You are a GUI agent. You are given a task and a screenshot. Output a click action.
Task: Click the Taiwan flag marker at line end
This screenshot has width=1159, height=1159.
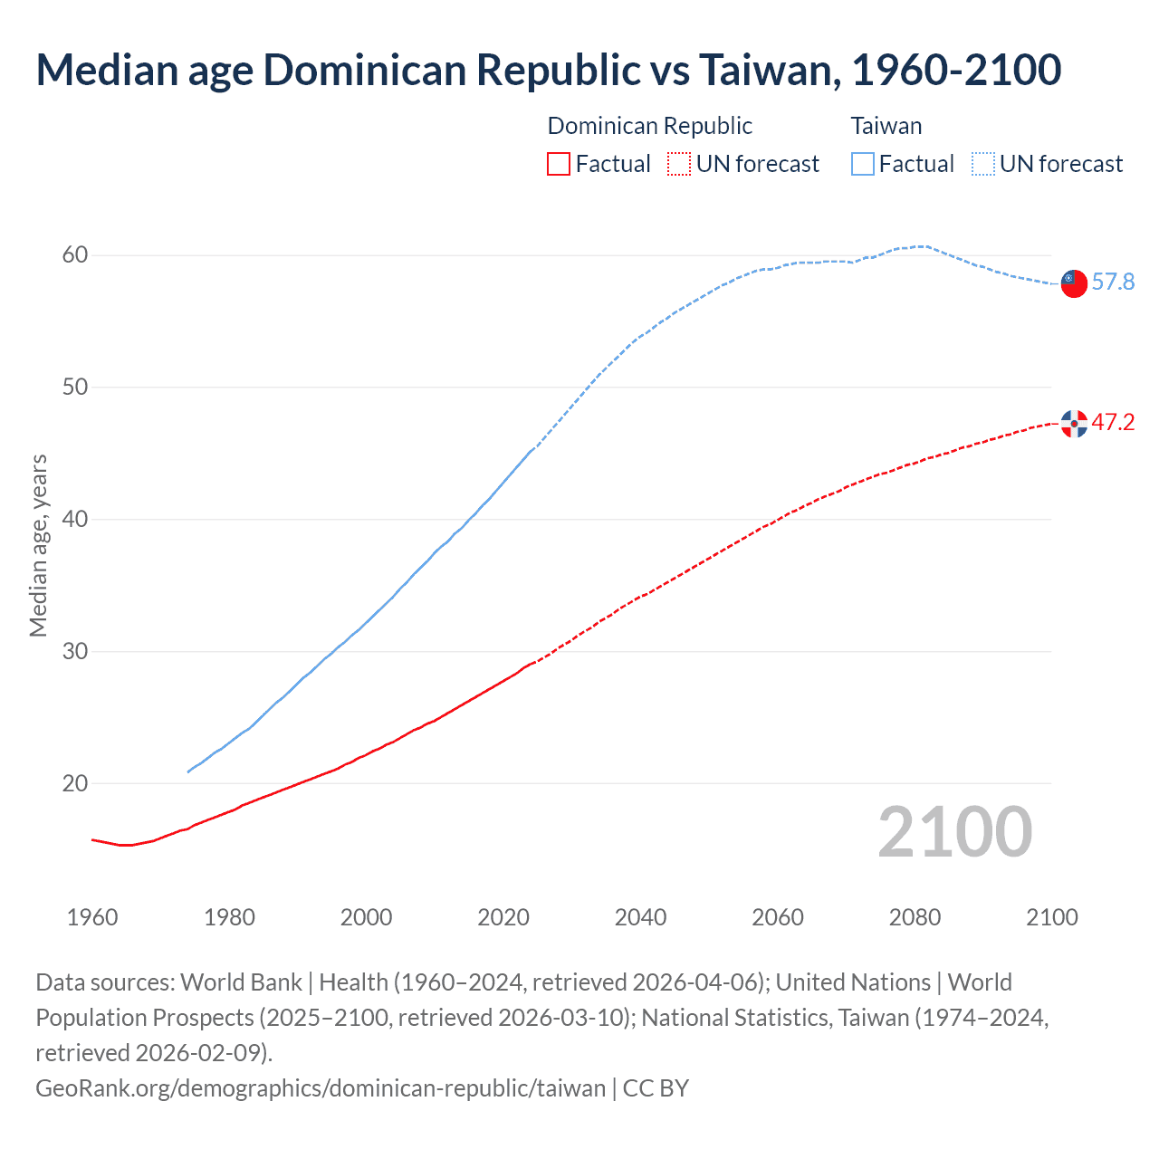[1074, 283]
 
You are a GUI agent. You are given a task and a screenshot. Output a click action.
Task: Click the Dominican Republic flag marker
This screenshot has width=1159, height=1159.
[1074, 423]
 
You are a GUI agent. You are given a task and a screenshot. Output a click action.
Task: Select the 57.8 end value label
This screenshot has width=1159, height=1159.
[1113, 283]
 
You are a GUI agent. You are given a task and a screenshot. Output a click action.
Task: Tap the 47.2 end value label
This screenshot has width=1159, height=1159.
[1113, 423]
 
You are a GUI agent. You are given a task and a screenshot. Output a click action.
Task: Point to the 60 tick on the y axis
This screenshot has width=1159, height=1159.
[75, 255]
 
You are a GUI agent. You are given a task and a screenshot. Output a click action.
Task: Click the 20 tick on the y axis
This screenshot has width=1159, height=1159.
[75, 783]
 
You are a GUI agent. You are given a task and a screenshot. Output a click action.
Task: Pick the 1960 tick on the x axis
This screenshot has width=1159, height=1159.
[92, 917]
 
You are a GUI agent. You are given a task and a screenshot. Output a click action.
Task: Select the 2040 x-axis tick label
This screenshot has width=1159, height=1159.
[640, 917]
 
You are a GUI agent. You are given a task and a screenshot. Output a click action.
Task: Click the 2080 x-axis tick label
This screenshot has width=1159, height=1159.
[915, 917]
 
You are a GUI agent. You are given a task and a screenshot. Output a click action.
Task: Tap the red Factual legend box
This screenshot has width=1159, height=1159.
[559, 164]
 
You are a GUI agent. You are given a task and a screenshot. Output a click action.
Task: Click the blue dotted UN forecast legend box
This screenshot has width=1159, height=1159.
[983, 164]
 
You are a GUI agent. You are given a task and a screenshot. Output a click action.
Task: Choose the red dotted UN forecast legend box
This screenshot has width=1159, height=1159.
[679, 164]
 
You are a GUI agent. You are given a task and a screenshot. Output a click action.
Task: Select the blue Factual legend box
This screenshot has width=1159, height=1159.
[863, 164]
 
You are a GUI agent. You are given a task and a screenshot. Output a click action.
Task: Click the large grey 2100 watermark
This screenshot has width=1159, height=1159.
[954, 832]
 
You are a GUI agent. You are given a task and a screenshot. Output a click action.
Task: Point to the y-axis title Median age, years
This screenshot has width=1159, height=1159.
[38, 546]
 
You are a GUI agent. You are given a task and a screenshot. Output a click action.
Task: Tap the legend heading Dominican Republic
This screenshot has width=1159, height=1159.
[650, 126]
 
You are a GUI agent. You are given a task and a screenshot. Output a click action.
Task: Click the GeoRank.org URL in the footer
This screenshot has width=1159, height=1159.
[320, 1087]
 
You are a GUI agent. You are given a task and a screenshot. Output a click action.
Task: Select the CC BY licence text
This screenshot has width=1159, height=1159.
[656, 1087]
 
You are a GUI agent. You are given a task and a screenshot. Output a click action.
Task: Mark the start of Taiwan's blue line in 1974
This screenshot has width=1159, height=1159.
[188, 771]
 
